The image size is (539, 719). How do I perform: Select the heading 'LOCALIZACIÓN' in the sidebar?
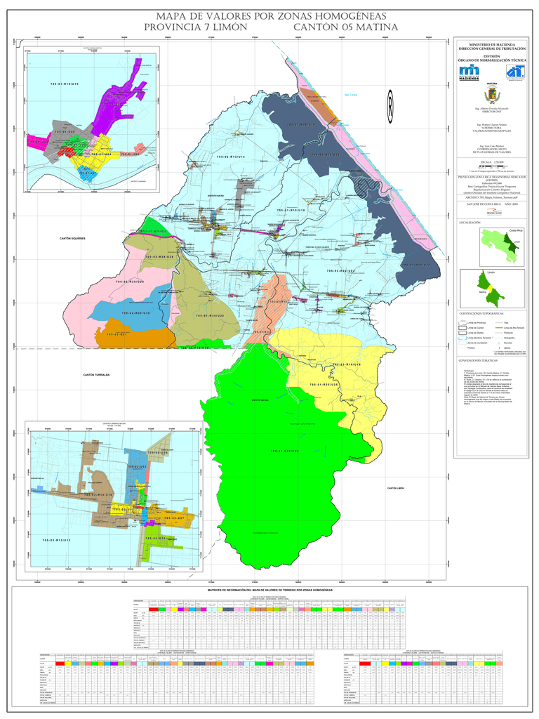pos(470,222)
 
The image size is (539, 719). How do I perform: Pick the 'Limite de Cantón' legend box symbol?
pos(463,328)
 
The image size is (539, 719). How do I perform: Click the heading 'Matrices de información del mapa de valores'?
pos(270,590)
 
